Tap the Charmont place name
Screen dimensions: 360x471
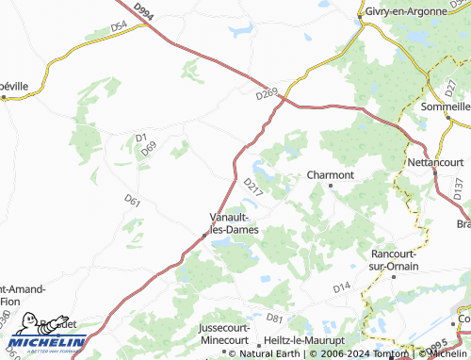pos(331,174)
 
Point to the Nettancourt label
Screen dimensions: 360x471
pos(438,162)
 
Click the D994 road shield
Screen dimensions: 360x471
pos(143,11)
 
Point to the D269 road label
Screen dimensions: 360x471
pos(267,93)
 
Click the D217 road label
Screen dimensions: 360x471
pos(252,187)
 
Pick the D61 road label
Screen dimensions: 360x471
pos(132,200)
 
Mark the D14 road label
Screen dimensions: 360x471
pos(341,284)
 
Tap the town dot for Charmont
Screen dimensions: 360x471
pos(331,186)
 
